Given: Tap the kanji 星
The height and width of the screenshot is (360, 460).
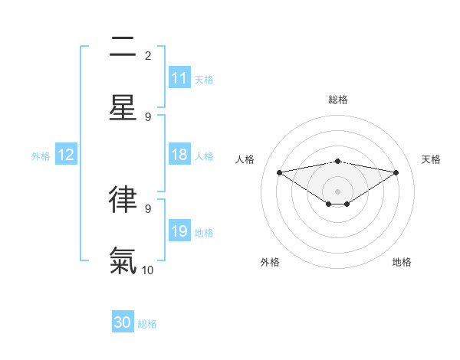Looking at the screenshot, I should click(x=123, y=108).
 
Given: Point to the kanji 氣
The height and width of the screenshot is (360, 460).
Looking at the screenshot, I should click(x=123, y=260).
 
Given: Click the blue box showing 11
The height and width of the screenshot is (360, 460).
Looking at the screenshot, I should click(x=179, y=78).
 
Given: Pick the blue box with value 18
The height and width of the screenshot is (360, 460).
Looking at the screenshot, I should click(x=179, y=155).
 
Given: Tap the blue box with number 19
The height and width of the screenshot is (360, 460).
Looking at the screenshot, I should click(x=179, y=231).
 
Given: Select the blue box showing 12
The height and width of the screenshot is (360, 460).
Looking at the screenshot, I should click(x=66, y=155).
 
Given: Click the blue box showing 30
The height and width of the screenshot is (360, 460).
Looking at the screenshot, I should click(x=123, y=322).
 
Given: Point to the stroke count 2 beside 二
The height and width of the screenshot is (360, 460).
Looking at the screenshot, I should click(x=148, y=55).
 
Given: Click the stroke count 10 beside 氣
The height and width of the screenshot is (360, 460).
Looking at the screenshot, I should click(x=148, y=270).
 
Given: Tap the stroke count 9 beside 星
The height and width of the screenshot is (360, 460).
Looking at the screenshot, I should click(x=148, y=116).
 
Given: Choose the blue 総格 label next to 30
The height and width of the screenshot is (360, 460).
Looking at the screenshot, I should click(x=147, y=324).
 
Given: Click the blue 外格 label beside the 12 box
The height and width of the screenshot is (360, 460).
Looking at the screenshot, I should click(x=41, y=156).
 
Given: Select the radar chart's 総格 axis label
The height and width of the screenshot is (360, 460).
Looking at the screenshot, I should click(x=338, y=100).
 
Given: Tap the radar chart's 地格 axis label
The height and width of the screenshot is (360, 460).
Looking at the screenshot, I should click(x=402, y=262).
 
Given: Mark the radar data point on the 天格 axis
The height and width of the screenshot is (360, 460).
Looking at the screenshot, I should click(x=396, y=172).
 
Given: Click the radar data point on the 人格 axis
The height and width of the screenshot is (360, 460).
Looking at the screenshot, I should click(x=280, y=172).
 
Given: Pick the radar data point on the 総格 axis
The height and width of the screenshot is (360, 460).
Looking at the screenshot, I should click(x=338, y=161).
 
